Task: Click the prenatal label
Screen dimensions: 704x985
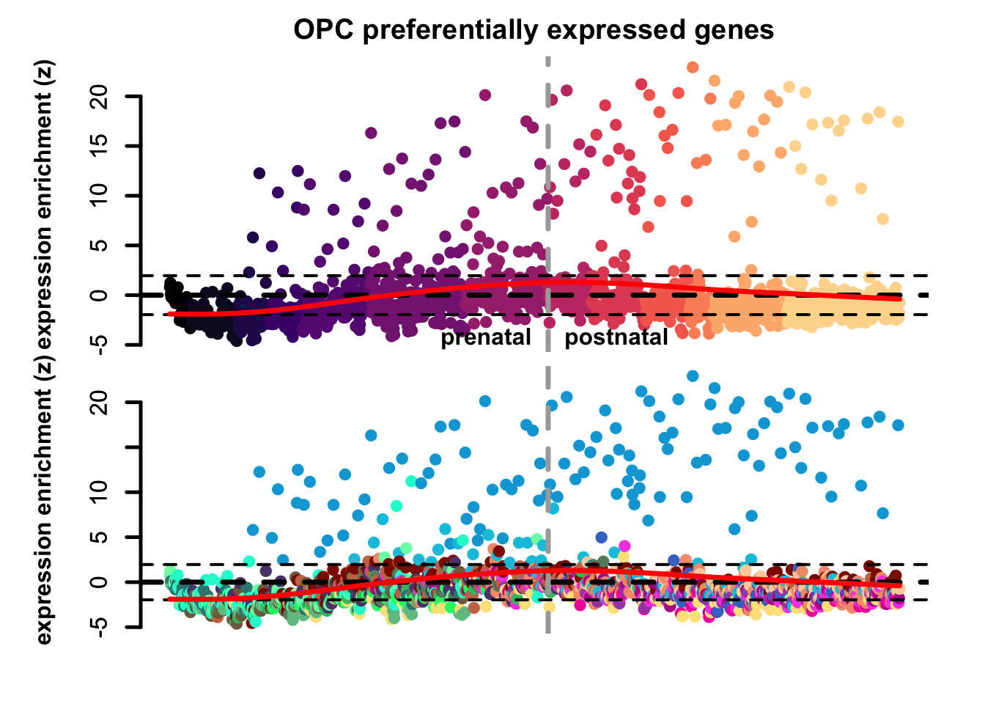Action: coord(485,337)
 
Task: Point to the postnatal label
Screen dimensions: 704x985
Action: coord(616,337)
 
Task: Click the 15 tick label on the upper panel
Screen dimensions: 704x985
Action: coord(100,146)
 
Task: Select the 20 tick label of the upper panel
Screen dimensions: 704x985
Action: coord(100,96)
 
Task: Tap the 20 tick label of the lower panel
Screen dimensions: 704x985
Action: coord(100,403)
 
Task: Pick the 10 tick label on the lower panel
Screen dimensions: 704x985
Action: coord(100,492)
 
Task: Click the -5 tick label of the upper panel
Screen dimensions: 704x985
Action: coord(100,344)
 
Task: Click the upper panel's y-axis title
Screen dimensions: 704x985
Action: coord(45,205)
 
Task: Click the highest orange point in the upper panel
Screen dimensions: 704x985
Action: coord(693,67)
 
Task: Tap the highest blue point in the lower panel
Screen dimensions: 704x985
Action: coord(693,376)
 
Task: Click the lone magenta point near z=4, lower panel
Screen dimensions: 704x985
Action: coord(624,546)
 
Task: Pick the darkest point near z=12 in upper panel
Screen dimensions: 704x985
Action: coord(259,173)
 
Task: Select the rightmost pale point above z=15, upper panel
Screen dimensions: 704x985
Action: coord(898,122)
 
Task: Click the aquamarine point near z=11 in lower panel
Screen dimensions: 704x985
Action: coord(411,481)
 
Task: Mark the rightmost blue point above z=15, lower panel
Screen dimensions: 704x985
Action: coord(898,425)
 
